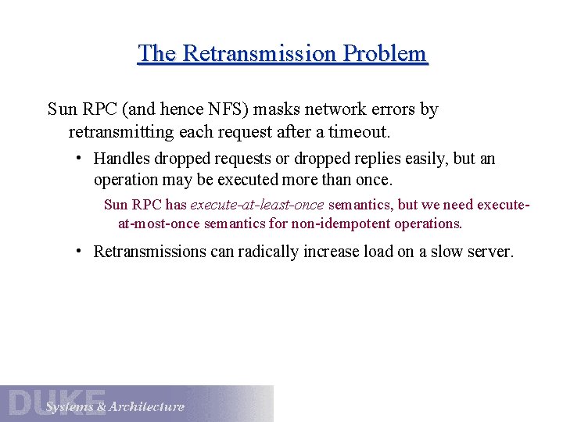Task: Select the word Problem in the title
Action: (389, 54)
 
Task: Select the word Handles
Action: (122, 159)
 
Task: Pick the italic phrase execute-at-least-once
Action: (256, 206)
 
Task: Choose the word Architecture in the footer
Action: (147, 406)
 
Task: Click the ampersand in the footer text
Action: (99, 406)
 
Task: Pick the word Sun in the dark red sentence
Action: (116, 206)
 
